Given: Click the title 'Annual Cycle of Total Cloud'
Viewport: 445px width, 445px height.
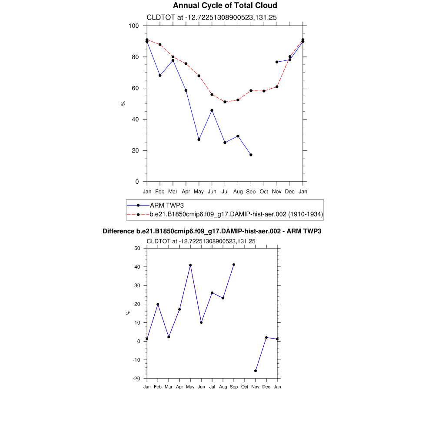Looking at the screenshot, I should click(225, 6).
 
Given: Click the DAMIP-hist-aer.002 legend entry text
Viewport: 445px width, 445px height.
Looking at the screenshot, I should click(236, 214).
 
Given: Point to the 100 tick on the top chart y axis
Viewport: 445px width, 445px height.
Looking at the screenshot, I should click(133, 26).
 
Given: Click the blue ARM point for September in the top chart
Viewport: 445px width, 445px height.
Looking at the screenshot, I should click(251, 155).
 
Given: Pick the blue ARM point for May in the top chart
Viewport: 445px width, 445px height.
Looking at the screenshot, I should click(199, 139).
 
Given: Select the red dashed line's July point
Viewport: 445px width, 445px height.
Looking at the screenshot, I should click(225, 102).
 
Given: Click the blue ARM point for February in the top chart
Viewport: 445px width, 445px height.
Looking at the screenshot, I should click(160, 76).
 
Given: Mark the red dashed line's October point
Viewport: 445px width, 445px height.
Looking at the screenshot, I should click(264, 91).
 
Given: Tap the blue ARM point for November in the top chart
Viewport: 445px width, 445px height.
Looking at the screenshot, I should click(277, 62).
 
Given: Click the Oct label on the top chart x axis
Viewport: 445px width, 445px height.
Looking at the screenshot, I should click(264, 192).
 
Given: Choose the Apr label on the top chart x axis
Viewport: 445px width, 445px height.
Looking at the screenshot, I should click(186, 192).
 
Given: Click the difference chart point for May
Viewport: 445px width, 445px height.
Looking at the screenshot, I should click(190, 265).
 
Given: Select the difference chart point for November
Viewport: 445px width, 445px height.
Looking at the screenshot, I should click(256, 371).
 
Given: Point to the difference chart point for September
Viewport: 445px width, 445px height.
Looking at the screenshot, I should click(234, 265).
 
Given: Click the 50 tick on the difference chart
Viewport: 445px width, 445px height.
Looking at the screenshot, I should click(138, 248).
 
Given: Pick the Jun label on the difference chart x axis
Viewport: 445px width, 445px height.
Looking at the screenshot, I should click(201, 387).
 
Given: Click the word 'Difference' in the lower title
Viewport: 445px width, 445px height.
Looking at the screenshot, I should click(116, 231).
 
